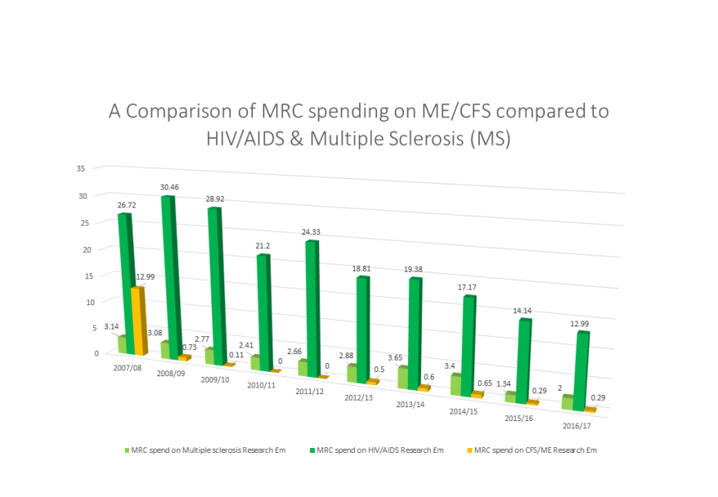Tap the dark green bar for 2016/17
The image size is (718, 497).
[x=582, y=367]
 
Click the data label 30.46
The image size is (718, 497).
[x=170, y=187]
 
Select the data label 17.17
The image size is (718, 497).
[x=465, y=286]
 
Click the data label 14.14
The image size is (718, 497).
[x=520, y=310]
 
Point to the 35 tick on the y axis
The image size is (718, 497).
[x=80, y=169]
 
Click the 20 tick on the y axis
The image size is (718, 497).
[x=80, y=249]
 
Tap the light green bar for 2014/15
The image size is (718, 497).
[x=456, y=384]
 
